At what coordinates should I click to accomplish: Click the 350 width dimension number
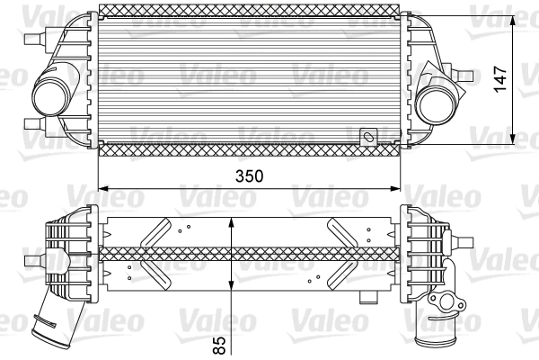point(250,177)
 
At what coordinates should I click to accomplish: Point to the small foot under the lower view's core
point(367,295)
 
